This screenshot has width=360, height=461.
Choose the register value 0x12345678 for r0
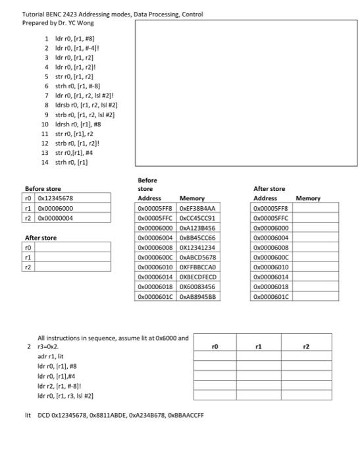(x=55, y=198)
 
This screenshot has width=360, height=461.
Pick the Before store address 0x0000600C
(x=156, y=257)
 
